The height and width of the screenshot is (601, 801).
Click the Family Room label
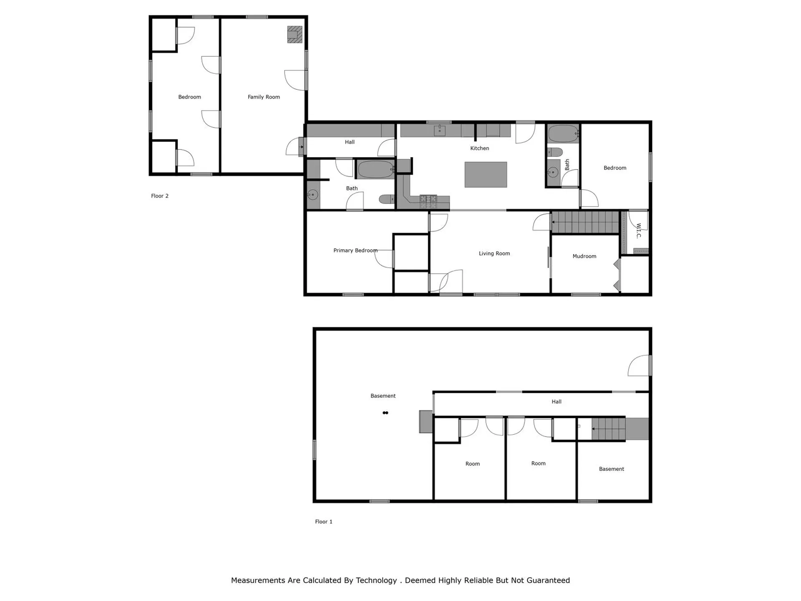[x=264, y=97]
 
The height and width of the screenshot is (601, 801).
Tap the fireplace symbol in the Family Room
[x=295, y=35]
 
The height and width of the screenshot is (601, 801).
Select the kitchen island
[x=486, y=174]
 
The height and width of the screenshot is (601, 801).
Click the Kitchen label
[x=479, y=148]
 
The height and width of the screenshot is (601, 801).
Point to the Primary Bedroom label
[x=355, y=250]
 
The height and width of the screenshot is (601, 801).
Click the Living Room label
[x=494, y=253]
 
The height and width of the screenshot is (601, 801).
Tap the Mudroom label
[x=584, y=256]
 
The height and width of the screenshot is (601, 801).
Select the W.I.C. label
[x=638, y=231]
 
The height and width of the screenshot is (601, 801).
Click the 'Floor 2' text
[x=160, y=196]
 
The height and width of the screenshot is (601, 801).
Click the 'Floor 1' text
[x=324, y=522]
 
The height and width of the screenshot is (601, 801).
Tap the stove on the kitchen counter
[x=428, y=202]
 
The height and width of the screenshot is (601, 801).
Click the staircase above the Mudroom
[x=585, y=222]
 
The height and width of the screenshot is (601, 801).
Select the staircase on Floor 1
[x=609, y=429]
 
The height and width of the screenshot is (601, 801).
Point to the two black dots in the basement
[x=385, y=413]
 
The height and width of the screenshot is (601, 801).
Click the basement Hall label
[x=556, y=402]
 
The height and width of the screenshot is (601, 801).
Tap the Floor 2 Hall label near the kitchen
[x=350, y=142]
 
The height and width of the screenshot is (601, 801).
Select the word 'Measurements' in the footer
[x=258, y=580]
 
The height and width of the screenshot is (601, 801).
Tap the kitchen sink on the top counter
[x=440, y=131]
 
